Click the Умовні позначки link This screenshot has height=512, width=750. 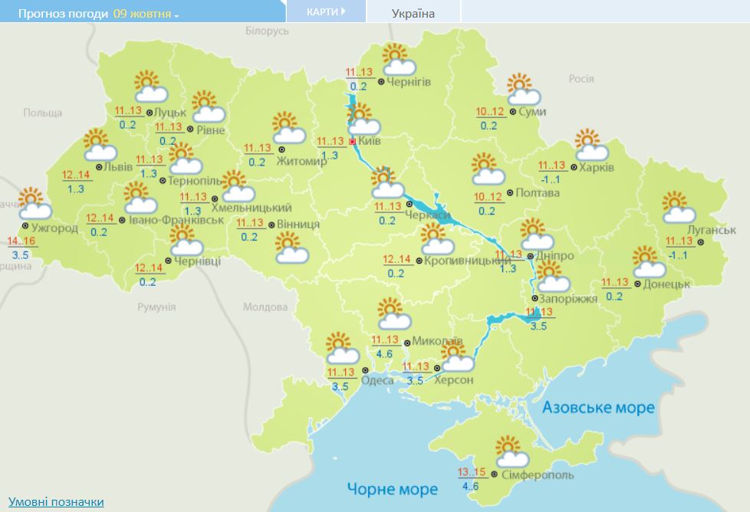56,502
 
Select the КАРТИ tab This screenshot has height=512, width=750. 325,12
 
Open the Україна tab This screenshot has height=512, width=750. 413,14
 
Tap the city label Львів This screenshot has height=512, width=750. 120,167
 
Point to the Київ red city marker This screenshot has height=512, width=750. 352,142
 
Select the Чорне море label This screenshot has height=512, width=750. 392,489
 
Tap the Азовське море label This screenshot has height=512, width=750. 598,407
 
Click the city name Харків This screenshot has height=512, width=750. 597,168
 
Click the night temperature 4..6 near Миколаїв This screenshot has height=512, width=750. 384,353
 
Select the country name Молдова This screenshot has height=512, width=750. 265,307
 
